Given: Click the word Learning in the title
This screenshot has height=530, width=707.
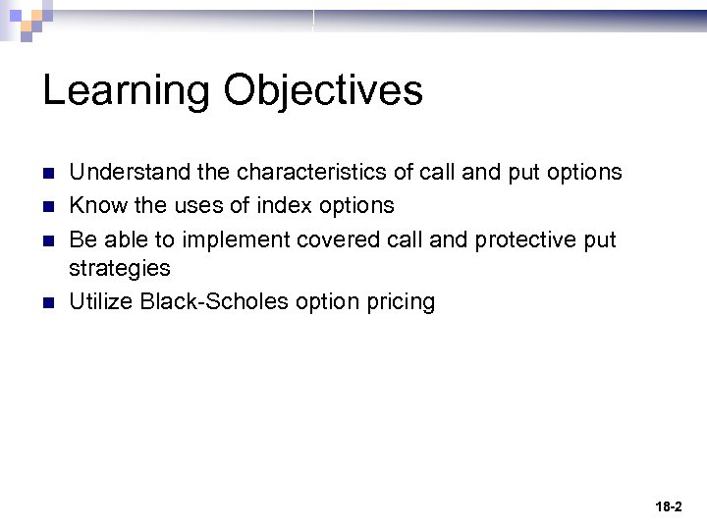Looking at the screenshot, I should tap(126, 91).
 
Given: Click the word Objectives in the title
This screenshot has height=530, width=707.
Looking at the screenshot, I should tap(323, 91).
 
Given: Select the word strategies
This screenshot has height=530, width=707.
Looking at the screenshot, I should tap(119, 268).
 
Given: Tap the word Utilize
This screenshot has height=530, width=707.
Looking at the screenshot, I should tap(101, 301).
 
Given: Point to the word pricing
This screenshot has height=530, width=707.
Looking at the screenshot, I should tap(399, 301).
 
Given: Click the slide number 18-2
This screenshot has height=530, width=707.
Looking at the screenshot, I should tap(668, 507).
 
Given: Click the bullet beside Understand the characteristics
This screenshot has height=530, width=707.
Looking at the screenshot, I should tap(49, 174).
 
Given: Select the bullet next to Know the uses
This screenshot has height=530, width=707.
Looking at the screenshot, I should tap(49, 206).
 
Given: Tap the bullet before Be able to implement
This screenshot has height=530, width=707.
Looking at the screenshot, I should tap(49, 240).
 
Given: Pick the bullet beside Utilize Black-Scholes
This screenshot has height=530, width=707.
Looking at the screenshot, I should tap(49, 302).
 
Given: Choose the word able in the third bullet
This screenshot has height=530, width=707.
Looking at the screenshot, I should tap(125, 240).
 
